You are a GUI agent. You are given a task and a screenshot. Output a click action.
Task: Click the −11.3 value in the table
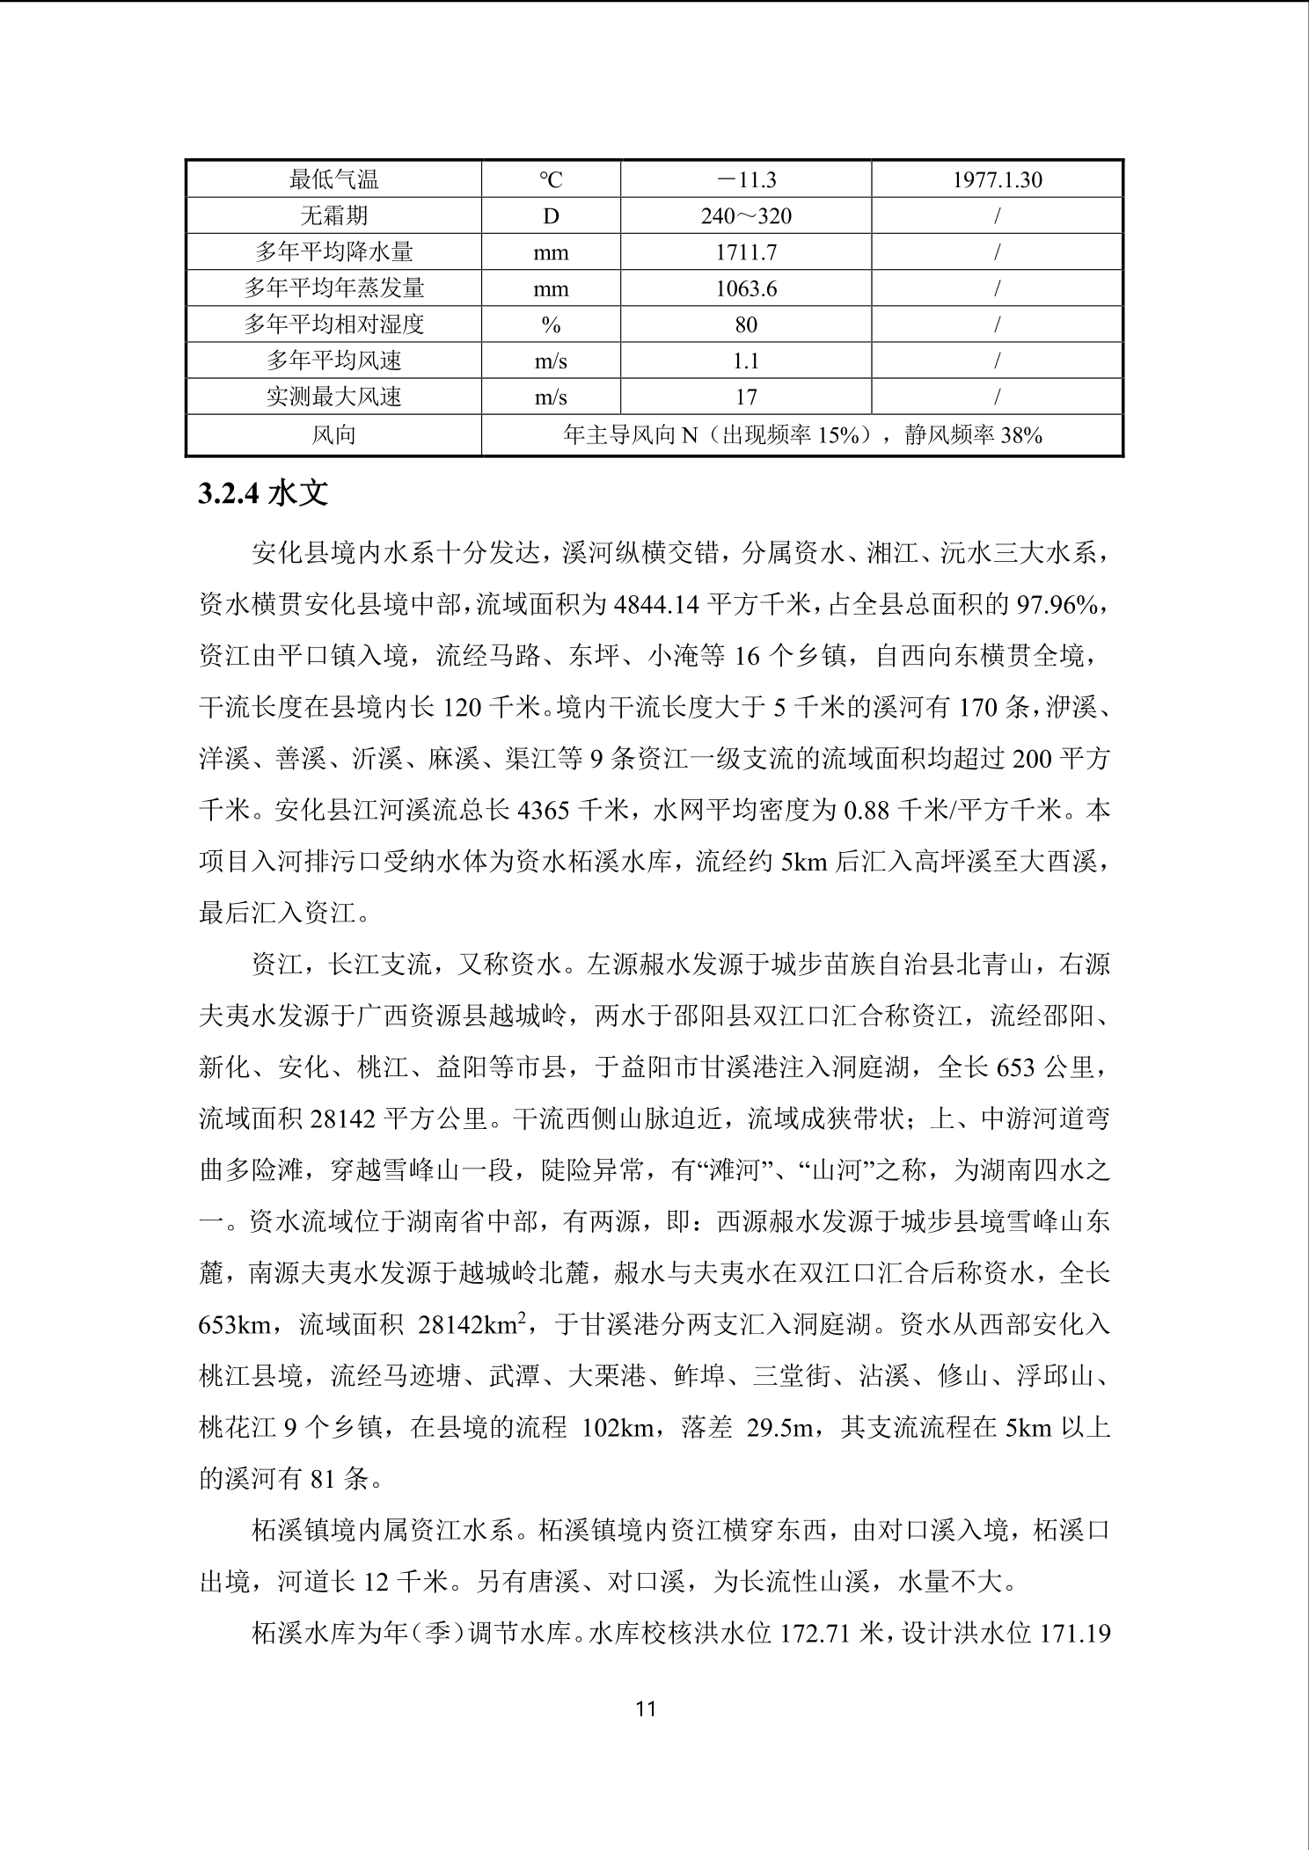click(x=746, y=180)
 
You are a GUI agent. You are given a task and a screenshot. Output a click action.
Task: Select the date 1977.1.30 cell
click(x=997, y=180)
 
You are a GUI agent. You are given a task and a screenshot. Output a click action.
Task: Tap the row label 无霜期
click(x=333, y=216)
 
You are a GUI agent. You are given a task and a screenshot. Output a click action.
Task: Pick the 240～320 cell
click(x=746, y=216)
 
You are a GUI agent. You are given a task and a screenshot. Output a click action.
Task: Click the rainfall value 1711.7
click(x=746, y=252)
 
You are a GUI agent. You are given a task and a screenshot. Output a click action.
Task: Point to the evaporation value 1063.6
click(x=746, y=288)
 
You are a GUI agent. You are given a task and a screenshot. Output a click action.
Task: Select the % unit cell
click(x=551, y=324)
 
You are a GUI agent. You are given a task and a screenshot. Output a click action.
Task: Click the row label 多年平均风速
click(x=333, y=361)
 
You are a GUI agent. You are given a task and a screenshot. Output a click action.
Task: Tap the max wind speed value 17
click(x=746, y=397)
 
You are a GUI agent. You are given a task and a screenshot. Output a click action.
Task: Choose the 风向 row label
click(x=333, y=434)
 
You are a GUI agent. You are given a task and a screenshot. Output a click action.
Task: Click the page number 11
click(x=646, y=1709)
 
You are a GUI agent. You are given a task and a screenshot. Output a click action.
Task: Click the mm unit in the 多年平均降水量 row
click(x=551, y=252)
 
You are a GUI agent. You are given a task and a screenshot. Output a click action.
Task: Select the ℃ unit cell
click(x=551, y=180)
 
